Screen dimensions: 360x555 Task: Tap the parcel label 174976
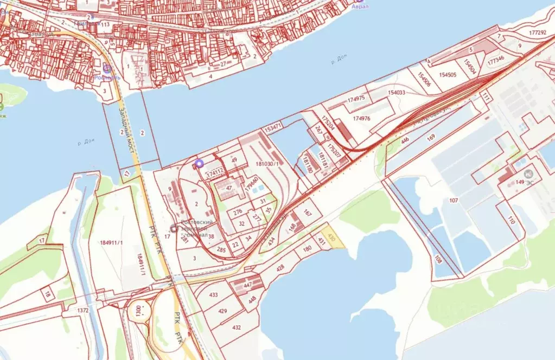click(361, 118)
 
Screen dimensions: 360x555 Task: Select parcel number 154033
click(397, 93)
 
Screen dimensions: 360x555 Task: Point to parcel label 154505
click(448, 75)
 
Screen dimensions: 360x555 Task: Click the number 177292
click(537, 33)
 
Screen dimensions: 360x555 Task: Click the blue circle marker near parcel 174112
click(199, 162)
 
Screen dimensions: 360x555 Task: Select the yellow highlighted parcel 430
click(333, 239)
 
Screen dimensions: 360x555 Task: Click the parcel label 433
click(213, 295)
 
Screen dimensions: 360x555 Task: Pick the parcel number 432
click(237, 327)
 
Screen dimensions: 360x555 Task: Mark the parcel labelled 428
click(280, 267)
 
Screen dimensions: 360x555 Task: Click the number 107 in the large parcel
click(454, 201)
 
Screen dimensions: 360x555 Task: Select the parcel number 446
click(405, 140)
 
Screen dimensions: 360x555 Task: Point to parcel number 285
click(221, 250)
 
